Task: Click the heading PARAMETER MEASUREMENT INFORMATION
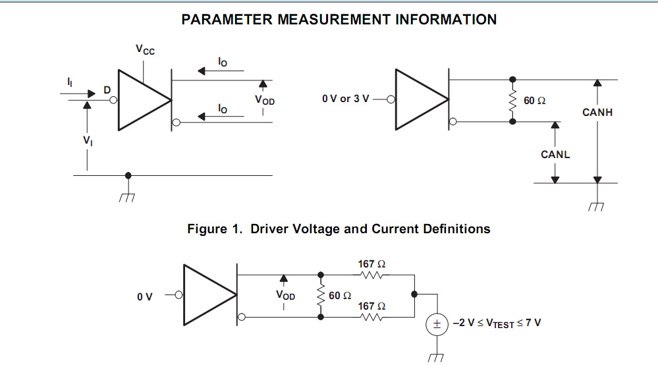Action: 339,20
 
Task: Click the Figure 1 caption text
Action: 339,229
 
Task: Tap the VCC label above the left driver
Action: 146,50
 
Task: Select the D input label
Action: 107,90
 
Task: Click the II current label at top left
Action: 70,82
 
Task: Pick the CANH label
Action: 597,113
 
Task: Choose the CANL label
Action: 555,155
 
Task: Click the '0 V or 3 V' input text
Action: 345,99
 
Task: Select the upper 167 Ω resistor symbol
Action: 372,275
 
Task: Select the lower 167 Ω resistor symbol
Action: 372,317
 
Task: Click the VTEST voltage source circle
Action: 436,324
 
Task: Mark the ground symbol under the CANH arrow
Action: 597,207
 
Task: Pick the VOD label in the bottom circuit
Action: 285,296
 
